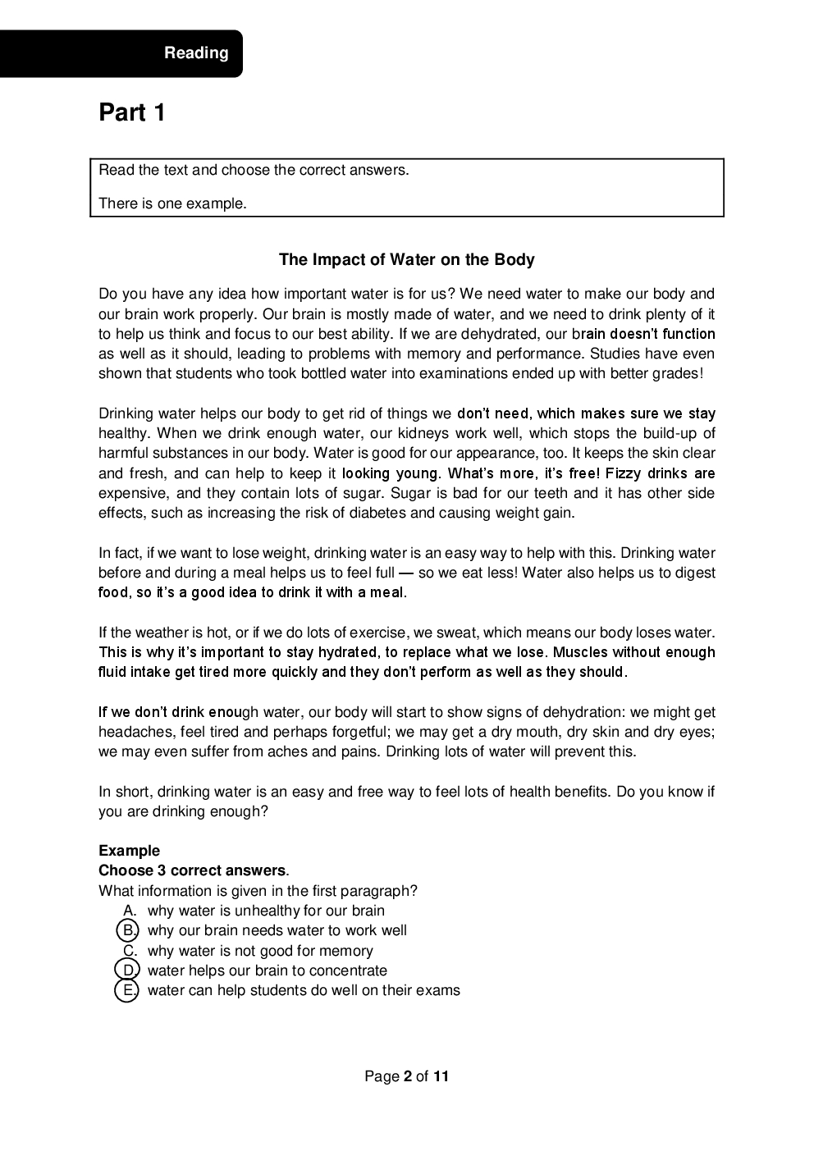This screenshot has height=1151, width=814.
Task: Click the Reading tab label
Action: (x=196, y=53)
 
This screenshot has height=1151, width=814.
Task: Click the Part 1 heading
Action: (x=132, y=112)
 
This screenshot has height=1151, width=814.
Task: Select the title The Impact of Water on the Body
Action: (x=406, y=260)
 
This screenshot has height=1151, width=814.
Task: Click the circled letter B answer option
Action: (x=128, y=930)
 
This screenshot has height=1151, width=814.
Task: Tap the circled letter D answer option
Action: (x=128, y=971)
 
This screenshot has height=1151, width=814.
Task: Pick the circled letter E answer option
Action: (x=128, y=990)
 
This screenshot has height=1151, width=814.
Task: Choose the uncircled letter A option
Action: (x=129, y=911)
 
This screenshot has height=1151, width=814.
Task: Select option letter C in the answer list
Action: (x=129, y=951)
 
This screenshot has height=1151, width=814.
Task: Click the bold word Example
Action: (x=129, y=851)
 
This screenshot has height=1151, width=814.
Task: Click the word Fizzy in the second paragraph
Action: (x=624, y=473)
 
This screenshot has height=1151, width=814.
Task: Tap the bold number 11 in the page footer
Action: (x=441, y=1076)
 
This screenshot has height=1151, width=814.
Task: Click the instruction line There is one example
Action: (x=172, y=203)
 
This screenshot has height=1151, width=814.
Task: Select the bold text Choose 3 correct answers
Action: (x=192, y=870)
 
